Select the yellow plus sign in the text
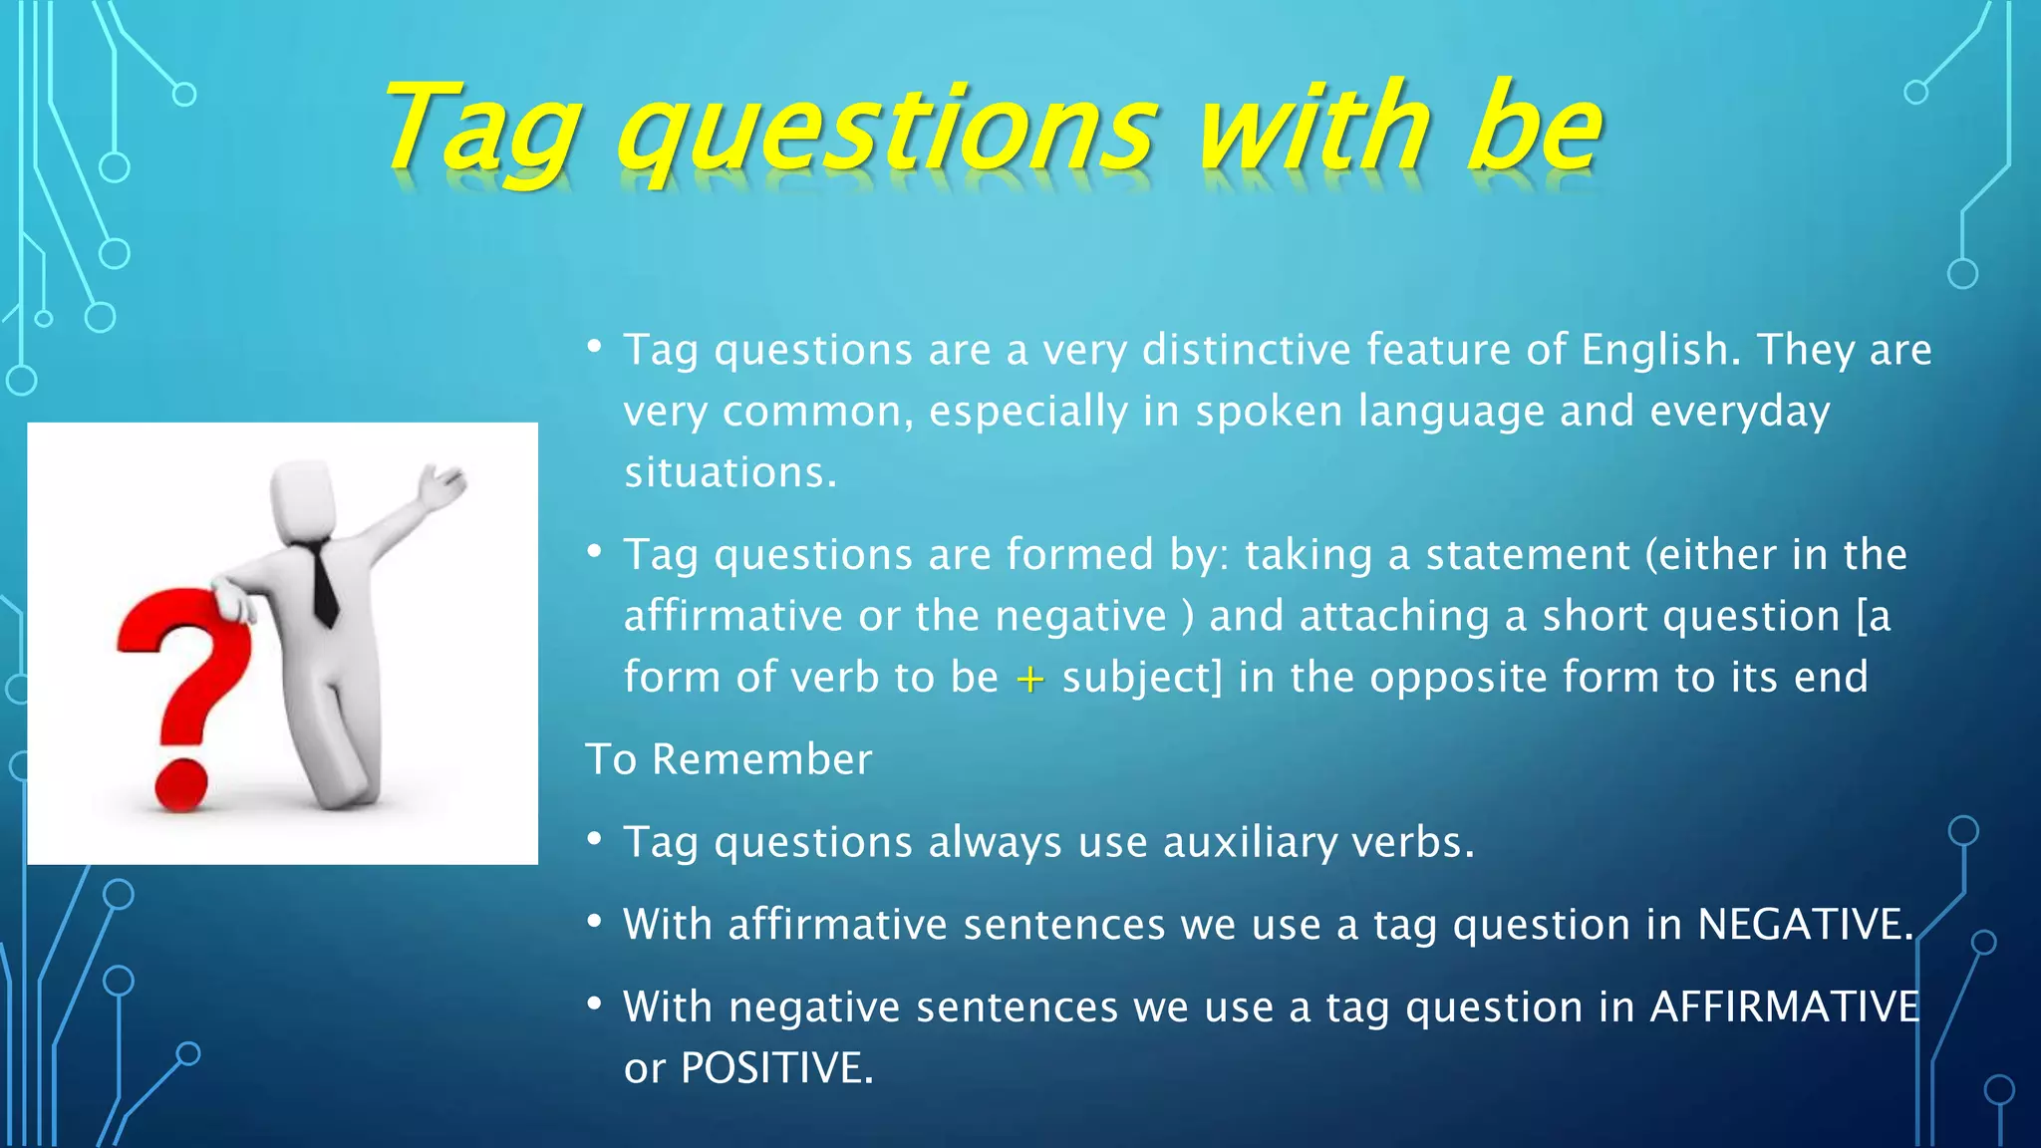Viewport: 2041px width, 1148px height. tap(1029, 680)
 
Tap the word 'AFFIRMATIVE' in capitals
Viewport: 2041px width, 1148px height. tap(1784, 1006)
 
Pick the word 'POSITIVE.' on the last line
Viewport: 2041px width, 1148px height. tap(776, 1068)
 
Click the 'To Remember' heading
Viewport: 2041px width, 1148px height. tap(729, 759)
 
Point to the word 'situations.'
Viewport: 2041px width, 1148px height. tap(730, 472)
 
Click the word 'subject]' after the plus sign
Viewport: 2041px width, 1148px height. tap(1142, 678)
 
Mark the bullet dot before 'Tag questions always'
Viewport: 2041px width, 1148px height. tap(594, 839)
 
